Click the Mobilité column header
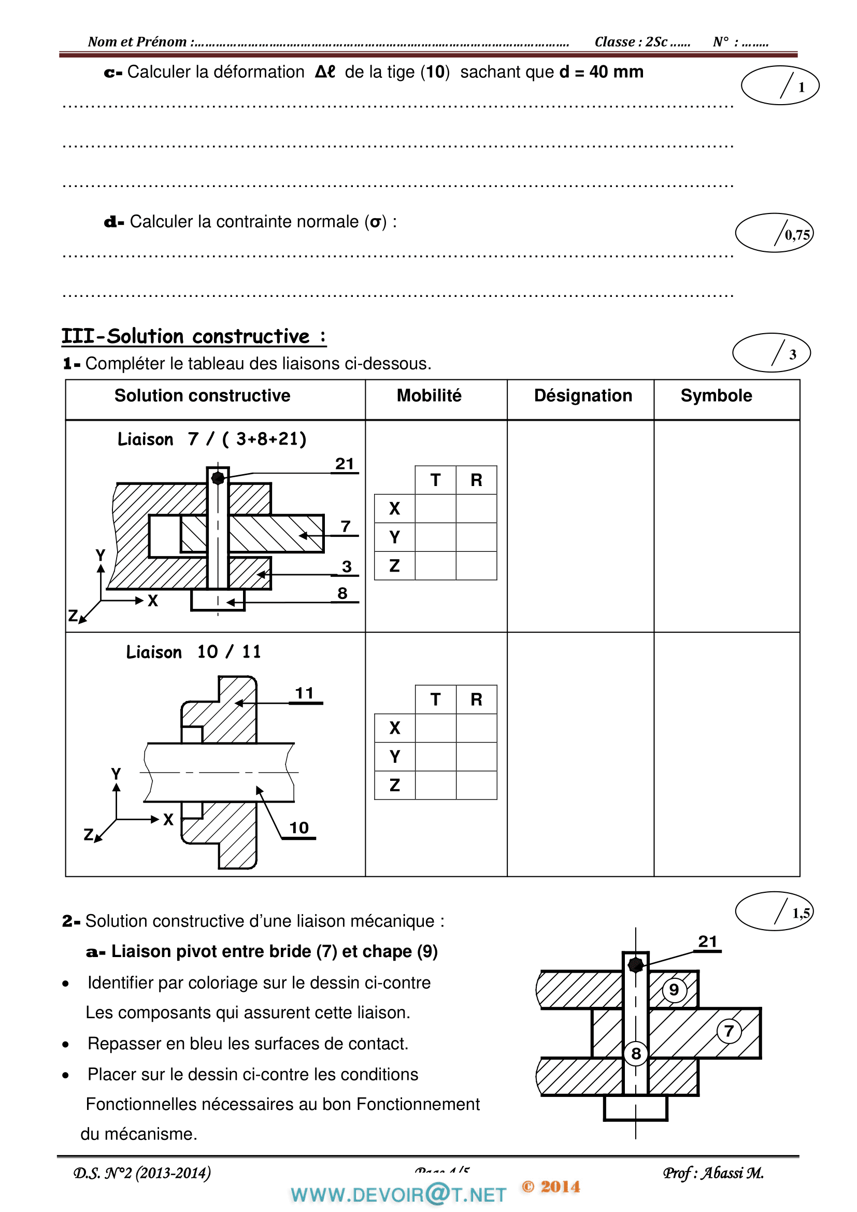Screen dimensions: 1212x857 click(x=428, y=395)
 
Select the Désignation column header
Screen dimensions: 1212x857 click(x=582, y=395)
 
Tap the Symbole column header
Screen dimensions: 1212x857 click(x=716, y=395)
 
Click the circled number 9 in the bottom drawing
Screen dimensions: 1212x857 click(x=674, y=989)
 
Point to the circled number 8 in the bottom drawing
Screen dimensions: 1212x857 click(x=636, y=1053)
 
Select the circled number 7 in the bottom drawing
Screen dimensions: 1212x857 click(x=729, y=1031)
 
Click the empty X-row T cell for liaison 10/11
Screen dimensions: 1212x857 click(x=435, y=728)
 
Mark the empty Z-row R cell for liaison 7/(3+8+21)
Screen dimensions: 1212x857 click(x=476, y=566)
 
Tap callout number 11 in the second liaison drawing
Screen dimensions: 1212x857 click(x=305, y=693)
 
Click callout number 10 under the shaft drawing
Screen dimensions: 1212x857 click(x=298, y=828)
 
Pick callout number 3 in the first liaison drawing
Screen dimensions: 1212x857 click(x=347, y=566)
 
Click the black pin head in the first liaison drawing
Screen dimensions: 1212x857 click(x=218, y=478)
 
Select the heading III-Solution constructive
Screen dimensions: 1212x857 click(x=194, y=336)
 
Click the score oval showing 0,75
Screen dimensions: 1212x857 click(x=774, y=233)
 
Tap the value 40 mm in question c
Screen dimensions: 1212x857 click(x=616, y=72)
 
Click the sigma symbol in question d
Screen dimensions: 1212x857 click(x=375, y=222)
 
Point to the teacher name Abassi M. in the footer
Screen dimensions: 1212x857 click(x=734, y=1173)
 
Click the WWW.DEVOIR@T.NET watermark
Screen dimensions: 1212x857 click(x=398, y=1194)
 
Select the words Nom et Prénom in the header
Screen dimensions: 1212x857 click(x=137, y=41)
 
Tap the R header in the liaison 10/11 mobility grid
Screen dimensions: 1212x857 click(x=476, y=700)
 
